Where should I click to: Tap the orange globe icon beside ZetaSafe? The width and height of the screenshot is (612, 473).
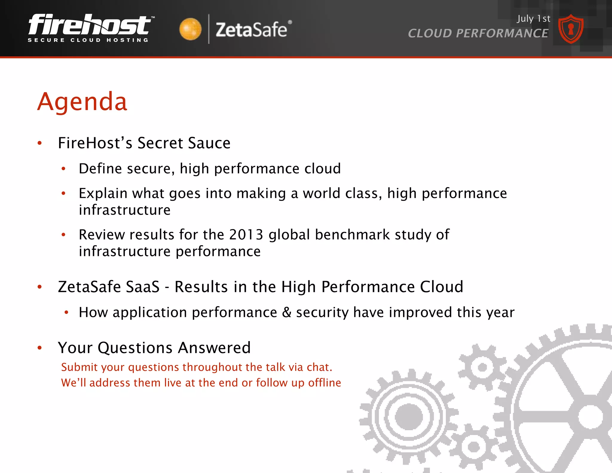click(190, 29)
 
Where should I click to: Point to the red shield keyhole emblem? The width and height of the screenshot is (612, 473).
click(571, 29)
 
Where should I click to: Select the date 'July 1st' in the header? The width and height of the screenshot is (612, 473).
click(534, 19)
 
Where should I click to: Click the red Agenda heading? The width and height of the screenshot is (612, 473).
click(82, 102)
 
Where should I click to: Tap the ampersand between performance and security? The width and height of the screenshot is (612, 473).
click(287, 312)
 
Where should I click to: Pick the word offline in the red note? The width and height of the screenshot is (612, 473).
click(325, 383)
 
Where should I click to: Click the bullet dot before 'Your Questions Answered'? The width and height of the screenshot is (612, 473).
click(40, 348)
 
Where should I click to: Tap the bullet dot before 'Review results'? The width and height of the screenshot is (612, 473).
click(63, 235)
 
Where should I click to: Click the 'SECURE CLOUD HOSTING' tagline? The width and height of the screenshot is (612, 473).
click(88, 40)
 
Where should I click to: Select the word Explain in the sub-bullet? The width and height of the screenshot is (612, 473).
click(103, 193)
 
